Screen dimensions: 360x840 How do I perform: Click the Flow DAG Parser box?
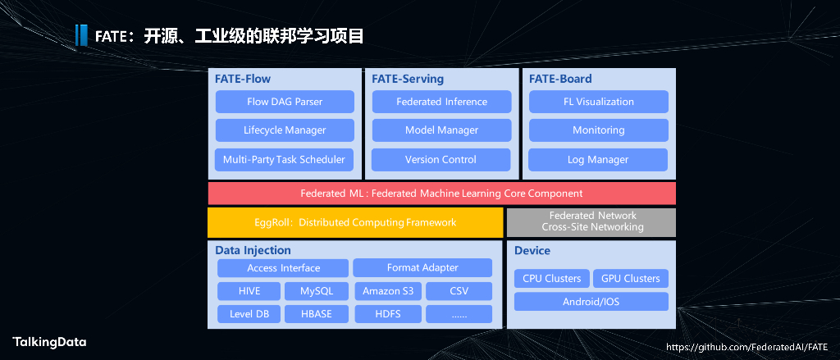click(285, 102)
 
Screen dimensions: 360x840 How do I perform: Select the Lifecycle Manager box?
click(285, 130)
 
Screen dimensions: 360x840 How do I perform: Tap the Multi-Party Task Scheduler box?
click(285, 159)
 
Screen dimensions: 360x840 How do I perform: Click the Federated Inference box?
click(441, 102)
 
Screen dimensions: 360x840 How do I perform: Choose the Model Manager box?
click(441, 130)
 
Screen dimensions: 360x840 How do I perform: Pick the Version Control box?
click(441, 159)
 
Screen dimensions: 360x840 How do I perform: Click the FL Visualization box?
click(598, 102)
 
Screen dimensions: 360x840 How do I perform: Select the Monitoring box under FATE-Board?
click(598, 130)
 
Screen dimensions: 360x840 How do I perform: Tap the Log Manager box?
click(598, 159)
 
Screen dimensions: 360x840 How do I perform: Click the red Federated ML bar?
click(441, 194)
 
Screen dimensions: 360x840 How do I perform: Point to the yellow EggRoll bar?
click(354, 222)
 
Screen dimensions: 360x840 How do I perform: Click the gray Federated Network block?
click(591, 221)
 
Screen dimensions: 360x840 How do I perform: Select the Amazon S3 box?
click(387, 291)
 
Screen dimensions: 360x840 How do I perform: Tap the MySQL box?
click(317, 291)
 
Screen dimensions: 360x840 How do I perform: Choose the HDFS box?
click(387, 314)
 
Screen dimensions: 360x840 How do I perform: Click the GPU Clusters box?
click(630, 279)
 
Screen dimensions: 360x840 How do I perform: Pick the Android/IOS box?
click(591, 302)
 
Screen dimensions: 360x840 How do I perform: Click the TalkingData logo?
click(49, 342)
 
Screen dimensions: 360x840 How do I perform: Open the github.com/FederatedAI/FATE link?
click(747, 348)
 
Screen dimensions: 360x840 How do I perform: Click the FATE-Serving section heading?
click(408, 80)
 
